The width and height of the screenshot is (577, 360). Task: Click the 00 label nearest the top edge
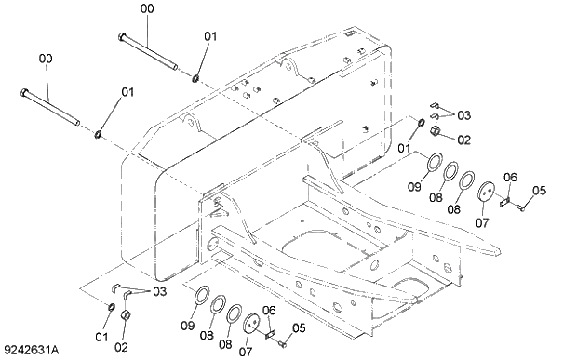[147, 8]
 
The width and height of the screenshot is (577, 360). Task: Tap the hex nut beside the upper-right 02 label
[436, 131]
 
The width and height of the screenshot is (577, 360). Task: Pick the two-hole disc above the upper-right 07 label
[485, 193]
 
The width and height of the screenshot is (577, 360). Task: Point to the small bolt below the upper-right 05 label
[520, 207]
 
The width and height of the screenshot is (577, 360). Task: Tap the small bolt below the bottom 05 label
[282, 343]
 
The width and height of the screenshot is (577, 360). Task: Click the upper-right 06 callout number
[510, 178]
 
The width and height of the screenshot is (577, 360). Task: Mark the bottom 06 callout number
[268, 310]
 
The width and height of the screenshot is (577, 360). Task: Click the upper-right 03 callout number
[464, 114]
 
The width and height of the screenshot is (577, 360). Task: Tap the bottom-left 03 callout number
[159, 291]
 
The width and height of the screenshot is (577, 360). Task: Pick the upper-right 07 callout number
[481, 223]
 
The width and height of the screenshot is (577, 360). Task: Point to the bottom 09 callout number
[188, 326]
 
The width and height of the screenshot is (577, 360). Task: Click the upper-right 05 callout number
[538, 192]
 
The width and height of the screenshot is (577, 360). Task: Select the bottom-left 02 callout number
[121, 348]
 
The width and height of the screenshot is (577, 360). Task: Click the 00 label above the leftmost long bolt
[45, 58]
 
